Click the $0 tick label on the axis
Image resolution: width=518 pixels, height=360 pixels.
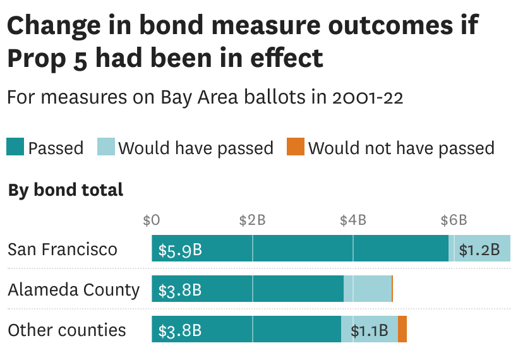coord(152,220)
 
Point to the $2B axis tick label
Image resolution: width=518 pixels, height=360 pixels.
coord(252,220)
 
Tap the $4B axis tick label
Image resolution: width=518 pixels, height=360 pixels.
coord(353,220)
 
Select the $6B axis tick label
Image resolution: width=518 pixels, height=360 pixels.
coord(454,220)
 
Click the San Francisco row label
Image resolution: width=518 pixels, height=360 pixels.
coord(63,249)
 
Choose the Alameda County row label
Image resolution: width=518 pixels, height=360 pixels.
coord(73,290)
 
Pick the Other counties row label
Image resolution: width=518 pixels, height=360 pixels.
coord(67,330)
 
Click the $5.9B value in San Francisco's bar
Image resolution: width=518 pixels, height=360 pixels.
coord(180,250)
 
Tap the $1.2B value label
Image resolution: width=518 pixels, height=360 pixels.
coord(479,250)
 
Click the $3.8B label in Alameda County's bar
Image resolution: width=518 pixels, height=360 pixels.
coord(180,291)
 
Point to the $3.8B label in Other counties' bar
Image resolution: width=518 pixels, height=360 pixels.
coord(180,330)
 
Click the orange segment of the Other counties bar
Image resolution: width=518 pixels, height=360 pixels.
coord(402,330)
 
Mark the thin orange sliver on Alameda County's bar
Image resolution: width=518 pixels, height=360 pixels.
coord(392,289)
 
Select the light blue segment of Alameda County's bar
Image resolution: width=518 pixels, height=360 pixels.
coord(368,289)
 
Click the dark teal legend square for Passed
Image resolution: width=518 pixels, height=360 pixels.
coord(15,147)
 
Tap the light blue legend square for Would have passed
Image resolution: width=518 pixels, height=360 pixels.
coord(105,147)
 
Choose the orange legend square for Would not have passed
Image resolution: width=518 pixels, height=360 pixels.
coord(295,147)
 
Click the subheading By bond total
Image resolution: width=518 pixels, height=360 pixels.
coord(66,189)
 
